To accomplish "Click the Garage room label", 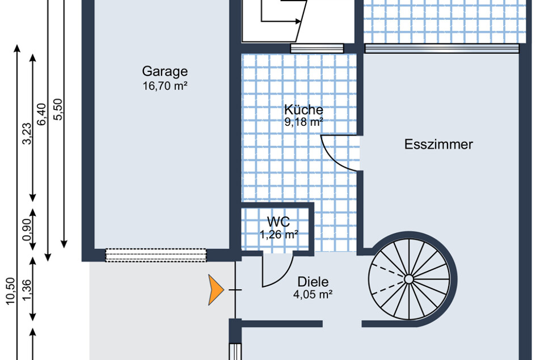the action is [x=165, y=71].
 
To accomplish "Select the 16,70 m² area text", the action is [x=165, y=86].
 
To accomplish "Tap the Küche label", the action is [x=304, y=109].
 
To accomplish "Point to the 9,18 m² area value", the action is [x=304, y=122].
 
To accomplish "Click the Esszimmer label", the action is [x=438, y=144].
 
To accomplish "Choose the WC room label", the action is [x=279, y=222].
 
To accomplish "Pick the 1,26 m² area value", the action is [x=279, y=235].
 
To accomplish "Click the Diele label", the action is [x=313, y=282].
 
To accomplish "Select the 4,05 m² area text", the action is [x=313, y=295].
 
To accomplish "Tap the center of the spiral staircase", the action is [x=409, y=279].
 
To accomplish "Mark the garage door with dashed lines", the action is [x=155, y=255].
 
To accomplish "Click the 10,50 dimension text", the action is [x=11, y=291].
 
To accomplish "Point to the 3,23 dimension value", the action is [x=27, y=134].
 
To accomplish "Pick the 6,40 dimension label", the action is [x=41, y=115].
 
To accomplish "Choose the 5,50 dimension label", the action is [x=58, y=109].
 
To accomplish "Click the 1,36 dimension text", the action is [x=27, y=290].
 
